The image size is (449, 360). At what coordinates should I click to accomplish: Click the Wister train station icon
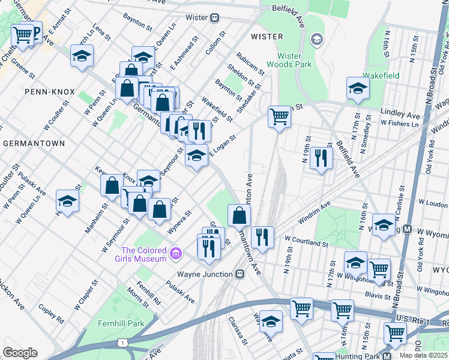click(214, 18)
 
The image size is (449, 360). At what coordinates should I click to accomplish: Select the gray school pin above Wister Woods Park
click(316, 40)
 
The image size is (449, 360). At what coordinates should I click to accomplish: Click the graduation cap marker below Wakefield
click(358, 89)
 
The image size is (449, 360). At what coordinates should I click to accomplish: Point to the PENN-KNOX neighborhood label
click(50, 92)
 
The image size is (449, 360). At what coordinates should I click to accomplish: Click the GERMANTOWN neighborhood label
click(34, 144)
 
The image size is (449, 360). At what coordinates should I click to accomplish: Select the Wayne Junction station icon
click(240, 274)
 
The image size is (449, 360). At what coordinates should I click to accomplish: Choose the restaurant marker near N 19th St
click(322, 158)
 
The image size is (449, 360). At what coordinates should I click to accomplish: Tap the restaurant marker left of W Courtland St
click(262, 237)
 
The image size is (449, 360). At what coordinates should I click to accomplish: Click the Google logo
click(20, 352)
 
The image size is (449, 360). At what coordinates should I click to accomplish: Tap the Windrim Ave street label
click(315, 214)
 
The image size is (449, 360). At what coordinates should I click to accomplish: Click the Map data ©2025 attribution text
click(423, 355)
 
